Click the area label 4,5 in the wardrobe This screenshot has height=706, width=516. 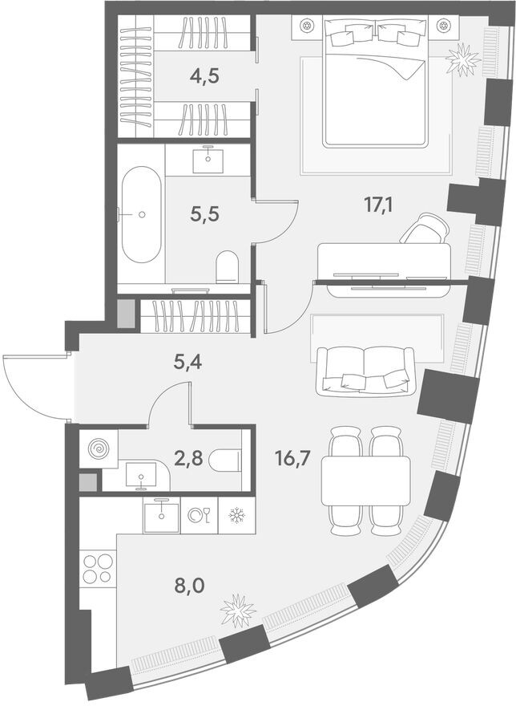204,77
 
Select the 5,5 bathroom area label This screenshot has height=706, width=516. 204,214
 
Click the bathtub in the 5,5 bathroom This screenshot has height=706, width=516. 141,214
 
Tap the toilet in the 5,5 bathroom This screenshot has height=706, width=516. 228,266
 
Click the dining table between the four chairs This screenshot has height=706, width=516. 365,481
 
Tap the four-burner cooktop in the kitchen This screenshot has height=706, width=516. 97,567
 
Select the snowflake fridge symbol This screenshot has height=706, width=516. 236,516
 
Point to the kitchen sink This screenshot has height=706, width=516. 162,514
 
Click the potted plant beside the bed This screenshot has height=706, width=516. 464,59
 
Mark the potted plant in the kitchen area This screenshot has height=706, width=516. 238,611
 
